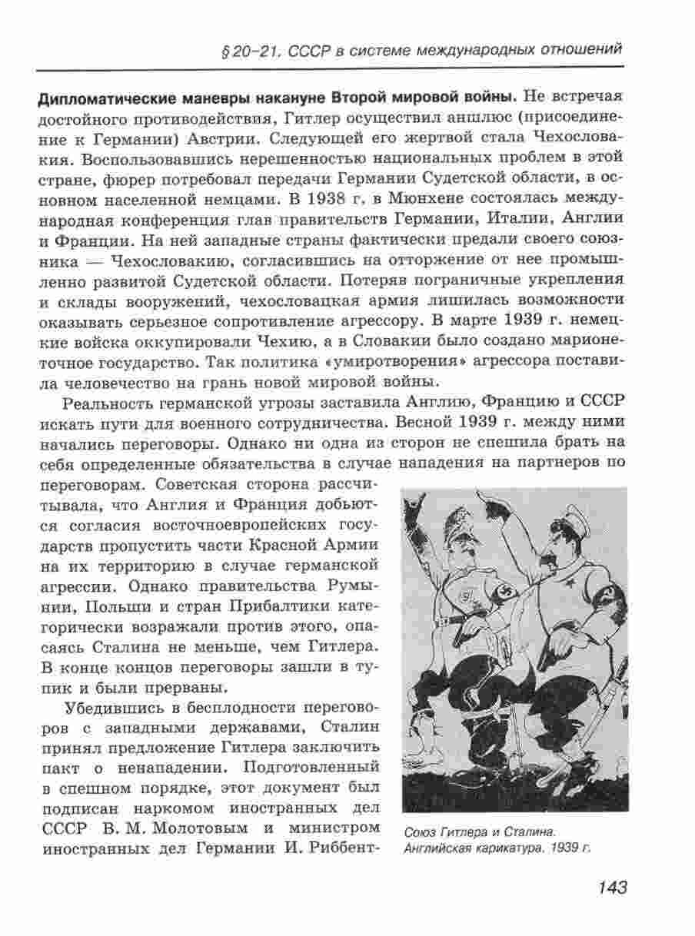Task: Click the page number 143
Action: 611,888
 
